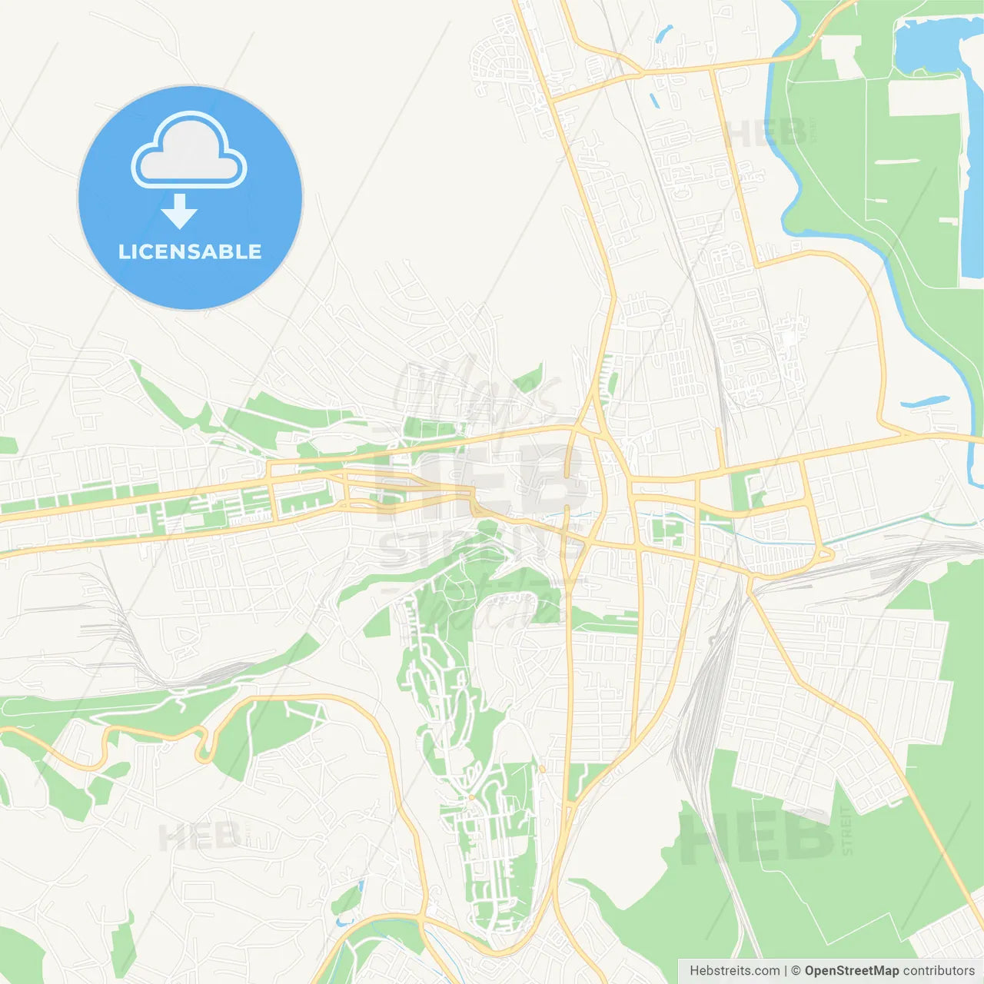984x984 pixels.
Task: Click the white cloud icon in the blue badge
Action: click(189, 152)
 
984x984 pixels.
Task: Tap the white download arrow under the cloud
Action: click(180, 211)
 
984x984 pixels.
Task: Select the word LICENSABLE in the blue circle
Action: click(190, 251)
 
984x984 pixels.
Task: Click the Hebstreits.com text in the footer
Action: click(735, 971)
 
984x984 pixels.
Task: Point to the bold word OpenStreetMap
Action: click(852, 971)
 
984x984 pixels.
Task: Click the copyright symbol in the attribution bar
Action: click(796, 971)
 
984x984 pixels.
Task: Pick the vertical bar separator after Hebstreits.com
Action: click(786, 971)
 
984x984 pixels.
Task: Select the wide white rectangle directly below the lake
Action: click(924, 98)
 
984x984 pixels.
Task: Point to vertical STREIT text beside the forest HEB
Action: click(846, 830)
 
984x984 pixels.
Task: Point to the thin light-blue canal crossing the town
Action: click(884, 528)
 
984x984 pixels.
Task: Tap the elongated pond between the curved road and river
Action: click(925, 401)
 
